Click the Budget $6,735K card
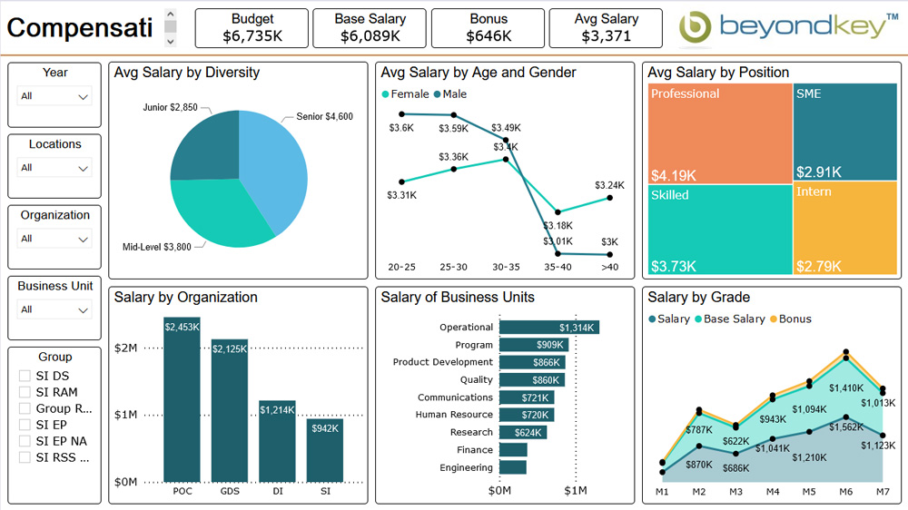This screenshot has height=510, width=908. [252, 28]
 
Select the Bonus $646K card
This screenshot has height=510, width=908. [489, 28]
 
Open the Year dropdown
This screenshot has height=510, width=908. [55, 96]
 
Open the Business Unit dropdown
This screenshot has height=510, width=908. [55, 309]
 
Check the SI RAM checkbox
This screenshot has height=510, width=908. [25, 392]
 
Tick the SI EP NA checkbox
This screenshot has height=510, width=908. [25, 441]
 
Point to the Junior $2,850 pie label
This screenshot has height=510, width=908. [170, 107]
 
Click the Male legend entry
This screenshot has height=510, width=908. [450, 94]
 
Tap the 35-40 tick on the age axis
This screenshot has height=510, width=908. [558, 267]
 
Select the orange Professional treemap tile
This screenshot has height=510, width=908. [719, 133]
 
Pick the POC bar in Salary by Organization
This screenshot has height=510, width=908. [182, 399]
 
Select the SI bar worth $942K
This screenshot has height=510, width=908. [324, 449]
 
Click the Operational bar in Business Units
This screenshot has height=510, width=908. [548, 328]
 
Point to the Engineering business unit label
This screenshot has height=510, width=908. [466, 467]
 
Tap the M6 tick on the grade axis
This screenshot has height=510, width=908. [845, 492]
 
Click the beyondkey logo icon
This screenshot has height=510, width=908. [696, 28]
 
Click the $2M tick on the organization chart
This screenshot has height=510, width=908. [125, 348]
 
